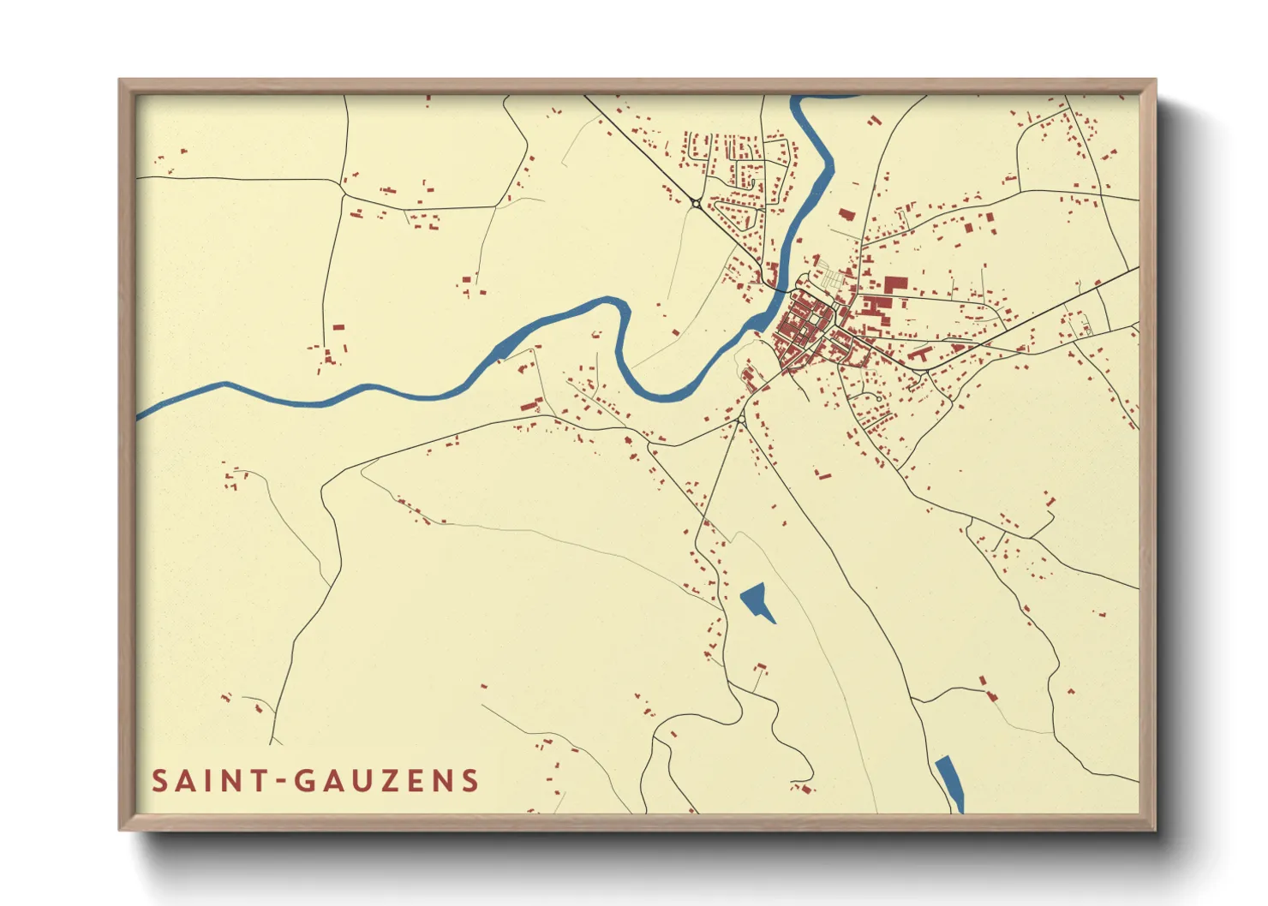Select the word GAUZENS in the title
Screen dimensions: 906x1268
[386, 781]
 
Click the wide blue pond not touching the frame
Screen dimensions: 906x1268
[757, 601]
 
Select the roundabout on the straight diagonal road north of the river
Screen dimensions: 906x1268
[696, 203]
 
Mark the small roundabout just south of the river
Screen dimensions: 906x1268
[740, 420]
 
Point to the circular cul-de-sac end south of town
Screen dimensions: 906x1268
[879, 397]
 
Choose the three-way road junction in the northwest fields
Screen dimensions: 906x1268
[343, 194]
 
